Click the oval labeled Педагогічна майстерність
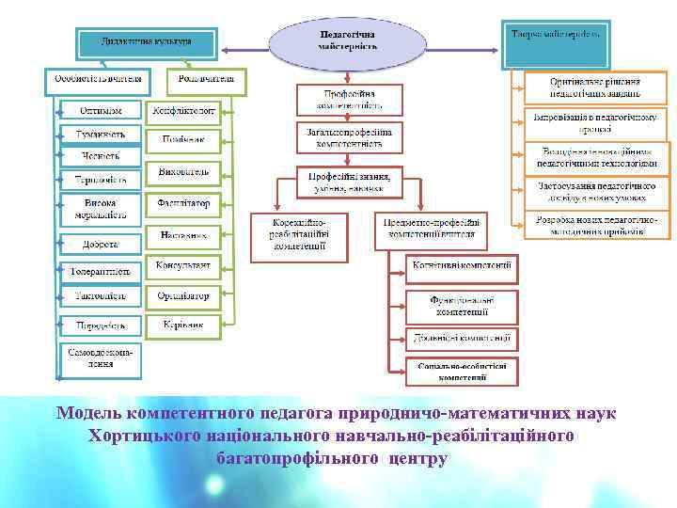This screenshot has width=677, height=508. point(335,40)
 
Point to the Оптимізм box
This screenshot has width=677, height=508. point(99,109)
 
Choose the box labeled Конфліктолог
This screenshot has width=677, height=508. point(183,110)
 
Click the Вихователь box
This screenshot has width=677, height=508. point(183,174)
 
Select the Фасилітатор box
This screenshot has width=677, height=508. point(183,204)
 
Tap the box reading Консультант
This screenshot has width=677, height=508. point(183,265)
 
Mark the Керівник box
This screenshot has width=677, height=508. point(183,325)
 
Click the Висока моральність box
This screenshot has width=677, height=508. point(99,209)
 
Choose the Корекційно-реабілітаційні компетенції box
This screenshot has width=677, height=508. point(299,235)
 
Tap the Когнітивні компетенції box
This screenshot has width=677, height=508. point(462,266)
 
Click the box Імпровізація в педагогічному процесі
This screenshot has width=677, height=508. point(596,122)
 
